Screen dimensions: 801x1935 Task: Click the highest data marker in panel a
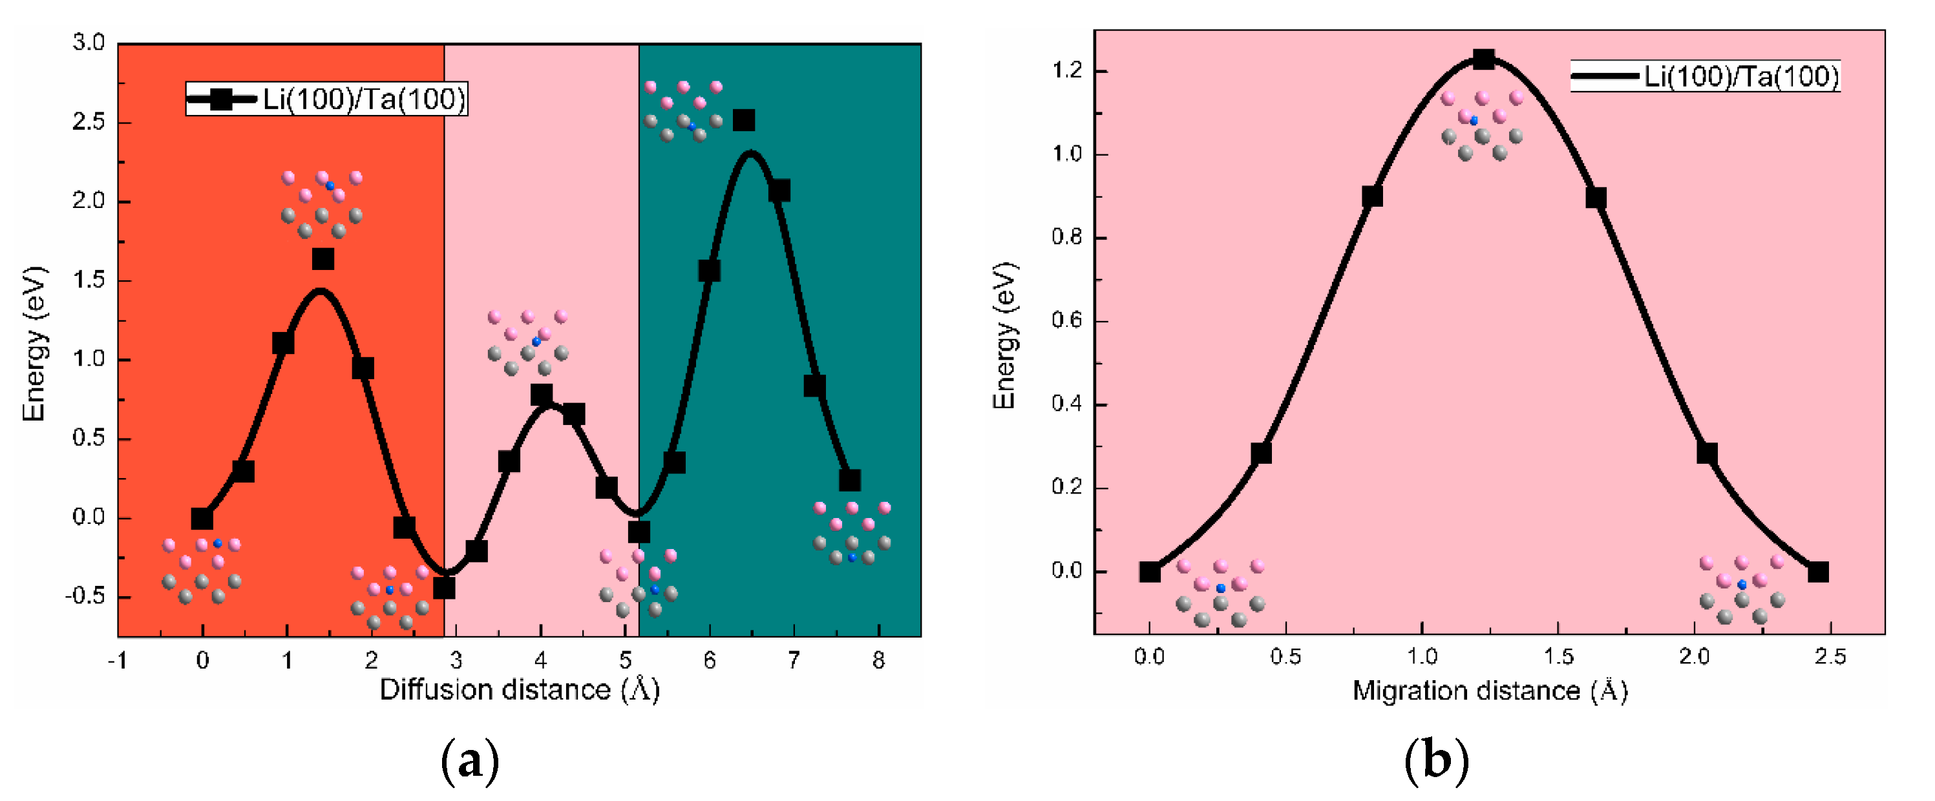pos(744,120)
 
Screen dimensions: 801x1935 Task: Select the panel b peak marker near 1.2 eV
pos(1483,59)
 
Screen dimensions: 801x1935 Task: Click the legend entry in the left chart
pos(327,99)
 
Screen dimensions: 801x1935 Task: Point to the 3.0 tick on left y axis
pos(89,43)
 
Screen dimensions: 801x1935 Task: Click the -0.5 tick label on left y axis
pos(85,597)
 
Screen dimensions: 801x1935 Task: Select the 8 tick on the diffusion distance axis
pos(878,661)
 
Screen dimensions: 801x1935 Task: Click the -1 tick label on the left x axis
pos(117,661)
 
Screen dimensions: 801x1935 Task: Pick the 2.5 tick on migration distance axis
pos(1830,657)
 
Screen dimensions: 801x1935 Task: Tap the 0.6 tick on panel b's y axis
pos(1066,321)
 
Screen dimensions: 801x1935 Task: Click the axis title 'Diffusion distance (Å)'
pos(519,690)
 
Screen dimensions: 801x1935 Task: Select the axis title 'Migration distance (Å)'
pos(1490,691)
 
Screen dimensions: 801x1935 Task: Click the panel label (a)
pos(469,761)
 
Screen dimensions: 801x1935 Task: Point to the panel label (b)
pos(1435,761)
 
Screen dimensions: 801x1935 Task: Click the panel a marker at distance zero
pos(201,519)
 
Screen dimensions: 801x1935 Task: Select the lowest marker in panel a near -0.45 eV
pos(444,588)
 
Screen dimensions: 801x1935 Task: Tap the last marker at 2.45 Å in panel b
pos(1818,572)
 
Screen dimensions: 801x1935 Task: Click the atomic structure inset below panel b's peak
pos(1481,125)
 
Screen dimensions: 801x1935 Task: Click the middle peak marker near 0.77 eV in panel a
pos(541,395)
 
